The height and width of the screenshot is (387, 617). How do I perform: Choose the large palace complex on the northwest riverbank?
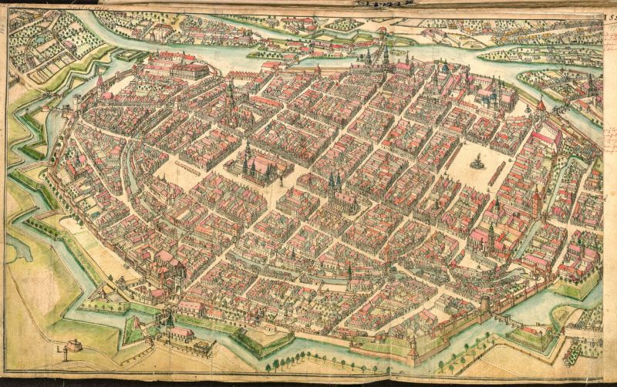click(x=181, y=65)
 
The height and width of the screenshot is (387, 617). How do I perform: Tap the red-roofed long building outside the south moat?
click(x=181, y=333)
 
